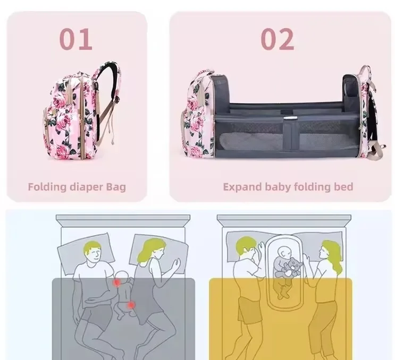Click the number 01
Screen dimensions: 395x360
76,39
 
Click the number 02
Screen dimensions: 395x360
277,39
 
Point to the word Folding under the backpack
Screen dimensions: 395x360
47,187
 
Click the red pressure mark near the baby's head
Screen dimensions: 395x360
116,282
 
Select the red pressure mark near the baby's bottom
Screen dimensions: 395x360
131,305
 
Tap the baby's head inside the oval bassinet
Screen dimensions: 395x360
284,252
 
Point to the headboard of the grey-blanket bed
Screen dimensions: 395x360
123,220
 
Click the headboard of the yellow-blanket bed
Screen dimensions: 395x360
284,220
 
